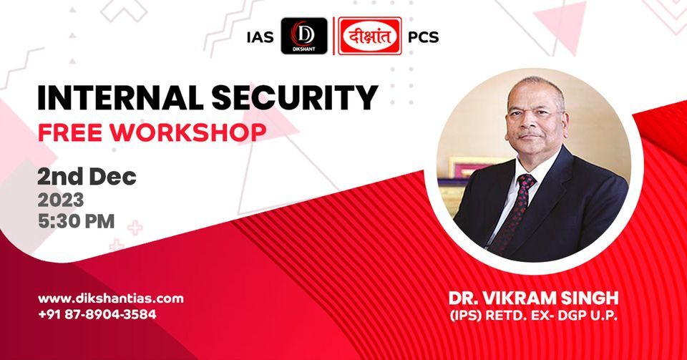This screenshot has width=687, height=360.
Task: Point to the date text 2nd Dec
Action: click(87, 177)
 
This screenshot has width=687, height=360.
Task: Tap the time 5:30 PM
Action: click(77, 221)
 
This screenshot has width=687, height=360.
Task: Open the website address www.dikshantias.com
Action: click(110, 298)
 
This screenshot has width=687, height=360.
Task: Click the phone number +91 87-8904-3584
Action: click(97, 314)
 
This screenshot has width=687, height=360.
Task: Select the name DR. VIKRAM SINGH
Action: click(533, 296)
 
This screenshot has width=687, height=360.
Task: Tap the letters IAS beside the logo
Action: click(259, 38)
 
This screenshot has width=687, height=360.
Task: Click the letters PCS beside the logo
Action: click(423, 38)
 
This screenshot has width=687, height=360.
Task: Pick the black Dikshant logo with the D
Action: click(304, 37)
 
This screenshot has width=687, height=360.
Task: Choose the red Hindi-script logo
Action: click(369, 37)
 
